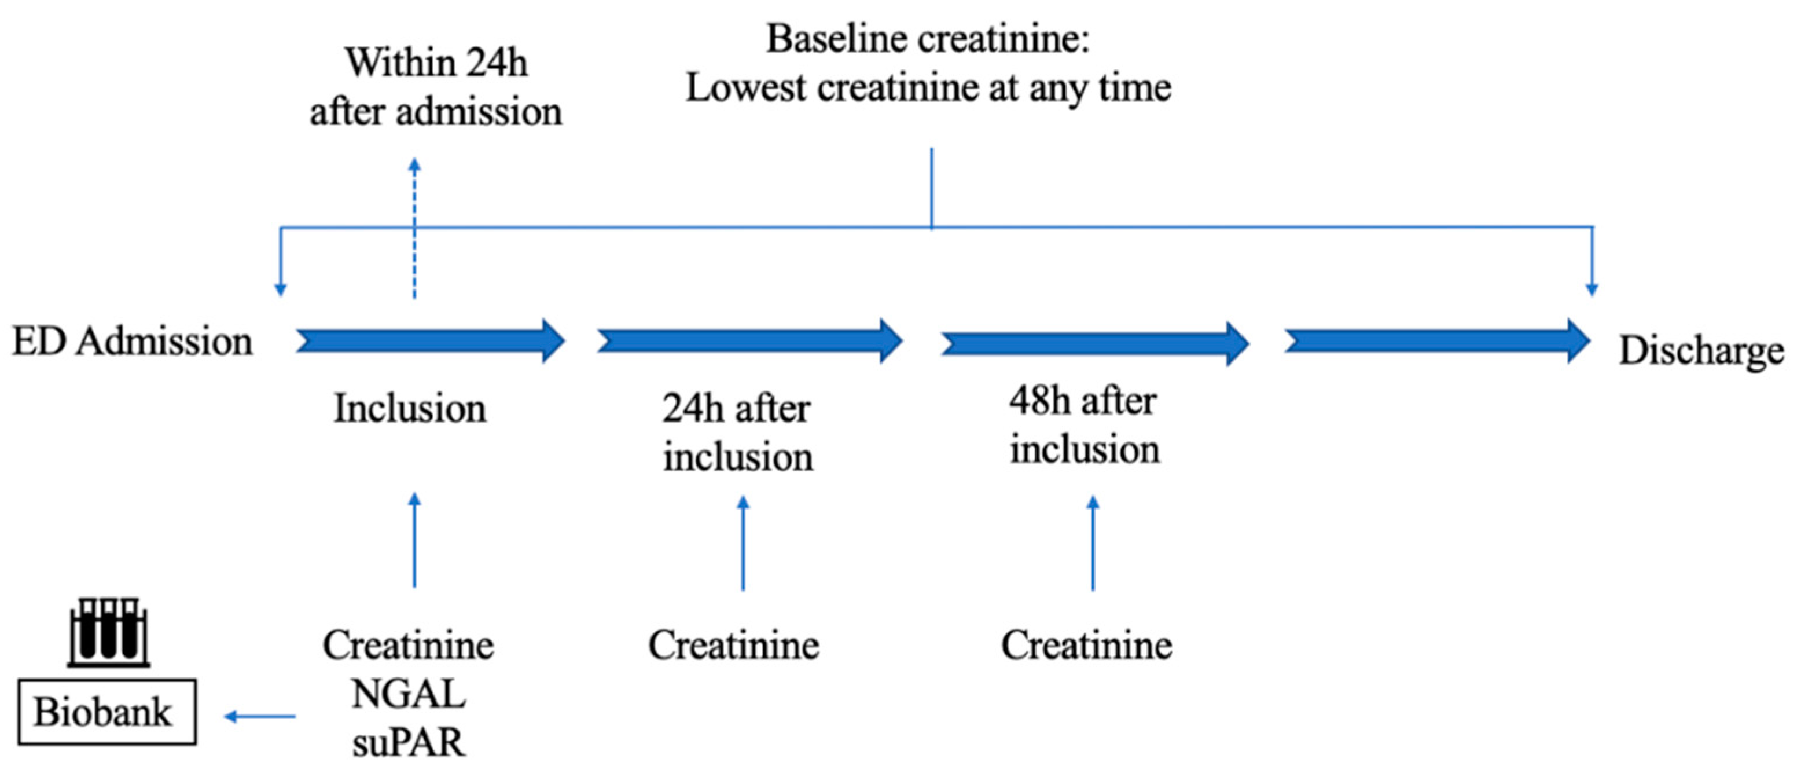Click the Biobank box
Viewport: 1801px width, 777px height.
(x=106, y=712)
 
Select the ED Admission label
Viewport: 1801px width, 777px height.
(x=133, y=342)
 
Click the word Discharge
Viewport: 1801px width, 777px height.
(x=1701, y=350)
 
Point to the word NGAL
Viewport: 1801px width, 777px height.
(x=409, y=694)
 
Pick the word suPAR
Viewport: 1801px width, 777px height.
(x=409, y=743)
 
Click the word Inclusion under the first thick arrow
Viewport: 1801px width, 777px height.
(x=410, y=408)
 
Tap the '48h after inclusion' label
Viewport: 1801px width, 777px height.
(x=1085, y=424)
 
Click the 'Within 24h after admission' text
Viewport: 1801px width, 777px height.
(x=436, y=87)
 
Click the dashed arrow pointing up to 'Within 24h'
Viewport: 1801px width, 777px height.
(x=414, y=228)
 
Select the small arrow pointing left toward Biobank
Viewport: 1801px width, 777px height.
(x=260, y=716)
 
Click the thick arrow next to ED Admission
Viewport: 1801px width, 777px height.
(x=430, y=341)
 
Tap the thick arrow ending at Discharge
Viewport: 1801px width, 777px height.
(x=1437, y=341)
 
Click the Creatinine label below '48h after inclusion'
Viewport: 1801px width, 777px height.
(x=1086, y=645)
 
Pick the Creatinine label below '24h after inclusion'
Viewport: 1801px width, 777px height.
(x=733, y=645)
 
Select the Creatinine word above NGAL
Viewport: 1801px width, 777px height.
(x=409, y=645)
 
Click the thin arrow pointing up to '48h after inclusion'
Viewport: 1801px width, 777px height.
(x=1093, y=544)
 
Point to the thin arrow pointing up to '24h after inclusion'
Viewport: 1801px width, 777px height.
(x=743, y=544)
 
